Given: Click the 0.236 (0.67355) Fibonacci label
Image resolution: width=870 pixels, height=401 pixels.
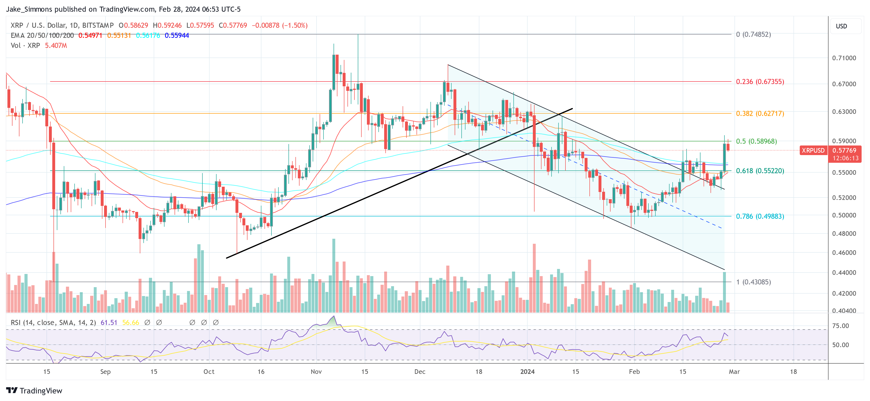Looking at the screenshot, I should coord(760,82).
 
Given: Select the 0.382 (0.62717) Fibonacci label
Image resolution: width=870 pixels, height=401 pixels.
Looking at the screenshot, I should coord(760,113).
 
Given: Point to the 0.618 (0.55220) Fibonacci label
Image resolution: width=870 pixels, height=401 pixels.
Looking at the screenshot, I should coord(760,171).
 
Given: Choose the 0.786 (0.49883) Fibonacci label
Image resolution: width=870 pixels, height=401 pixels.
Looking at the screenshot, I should coord(760,216).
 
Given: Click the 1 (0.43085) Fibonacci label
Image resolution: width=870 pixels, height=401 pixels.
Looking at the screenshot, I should coord(753,282).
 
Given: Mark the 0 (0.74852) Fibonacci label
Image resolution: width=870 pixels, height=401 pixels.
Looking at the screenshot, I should coord(753,35).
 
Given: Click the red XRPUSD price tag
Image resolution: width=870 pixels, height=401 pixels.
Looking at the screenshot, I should coord(813,151).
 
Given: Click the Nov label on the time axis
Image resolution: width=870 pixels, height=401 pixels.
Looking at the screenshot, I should coord(316,372).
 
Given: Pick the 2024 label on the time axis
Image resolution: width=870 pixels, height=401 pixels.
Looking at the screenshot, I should coord(527,372).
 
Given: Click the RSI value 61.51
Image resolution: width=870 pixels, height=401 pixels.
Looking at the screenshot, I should coord(109,323).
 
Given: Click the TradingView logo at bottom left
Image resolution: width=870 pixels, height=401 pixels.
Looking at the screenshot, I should coord(34,390).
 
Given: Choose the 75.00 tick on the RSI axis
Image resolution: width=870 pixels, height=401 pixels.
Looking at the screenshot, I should coord(840,326).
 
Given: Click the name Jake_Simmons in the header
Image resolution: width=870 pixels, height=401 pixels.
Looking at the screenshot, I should coord(29,9).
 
